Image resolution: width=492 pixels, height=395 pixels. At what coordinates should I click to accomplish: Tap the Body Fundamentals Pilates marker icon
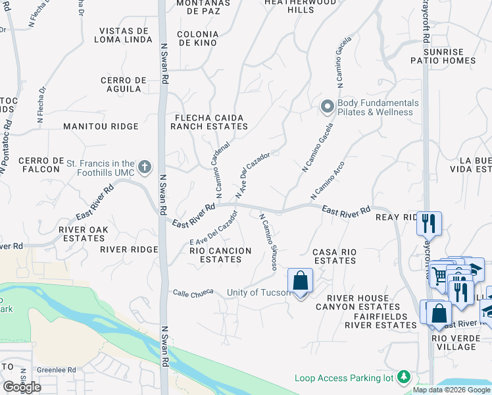click(328, 107)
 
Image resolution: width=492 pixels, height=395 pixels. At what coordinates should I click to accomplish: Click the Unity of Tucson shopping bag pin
click(300, 281)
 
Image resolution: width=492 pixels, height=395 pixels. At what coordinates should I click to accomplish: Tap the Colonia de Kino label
click(197, 38)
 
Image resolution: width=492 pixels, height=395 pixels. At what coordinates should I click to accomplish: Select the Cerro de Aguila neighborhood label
click(124, 85)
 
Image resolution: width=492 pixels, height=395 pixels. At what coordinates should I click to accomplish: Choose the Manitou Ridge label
click(101, 126)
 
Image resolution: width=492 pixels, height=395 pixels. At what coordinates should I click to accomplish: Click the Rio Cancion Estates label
click(220, 255)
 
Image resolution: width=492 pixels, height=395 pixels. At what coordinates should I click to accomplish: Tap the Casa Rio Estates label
click(334, 256)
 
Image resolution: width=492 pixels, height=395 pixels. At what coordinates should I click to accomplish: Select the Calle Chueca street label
click(193, 292)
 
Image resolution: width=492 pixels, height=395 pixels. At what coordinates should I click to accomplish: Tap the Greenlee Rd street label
click(56, 370)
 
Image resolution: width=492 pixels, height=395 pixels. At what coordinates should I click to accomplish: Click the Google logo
click(22, 386)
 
